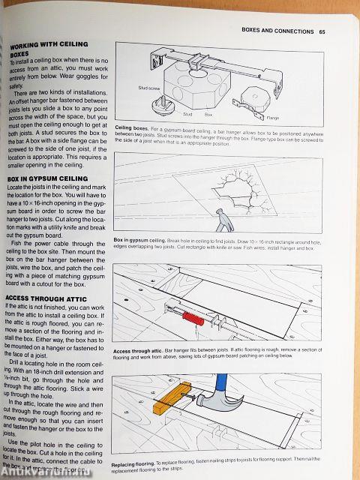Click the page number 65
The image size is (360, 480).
coord(322,31)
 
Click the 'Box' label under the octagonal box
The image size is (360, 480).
coord(208,115)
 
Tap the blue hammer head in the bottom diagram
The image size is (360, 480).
coord(225,397)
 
